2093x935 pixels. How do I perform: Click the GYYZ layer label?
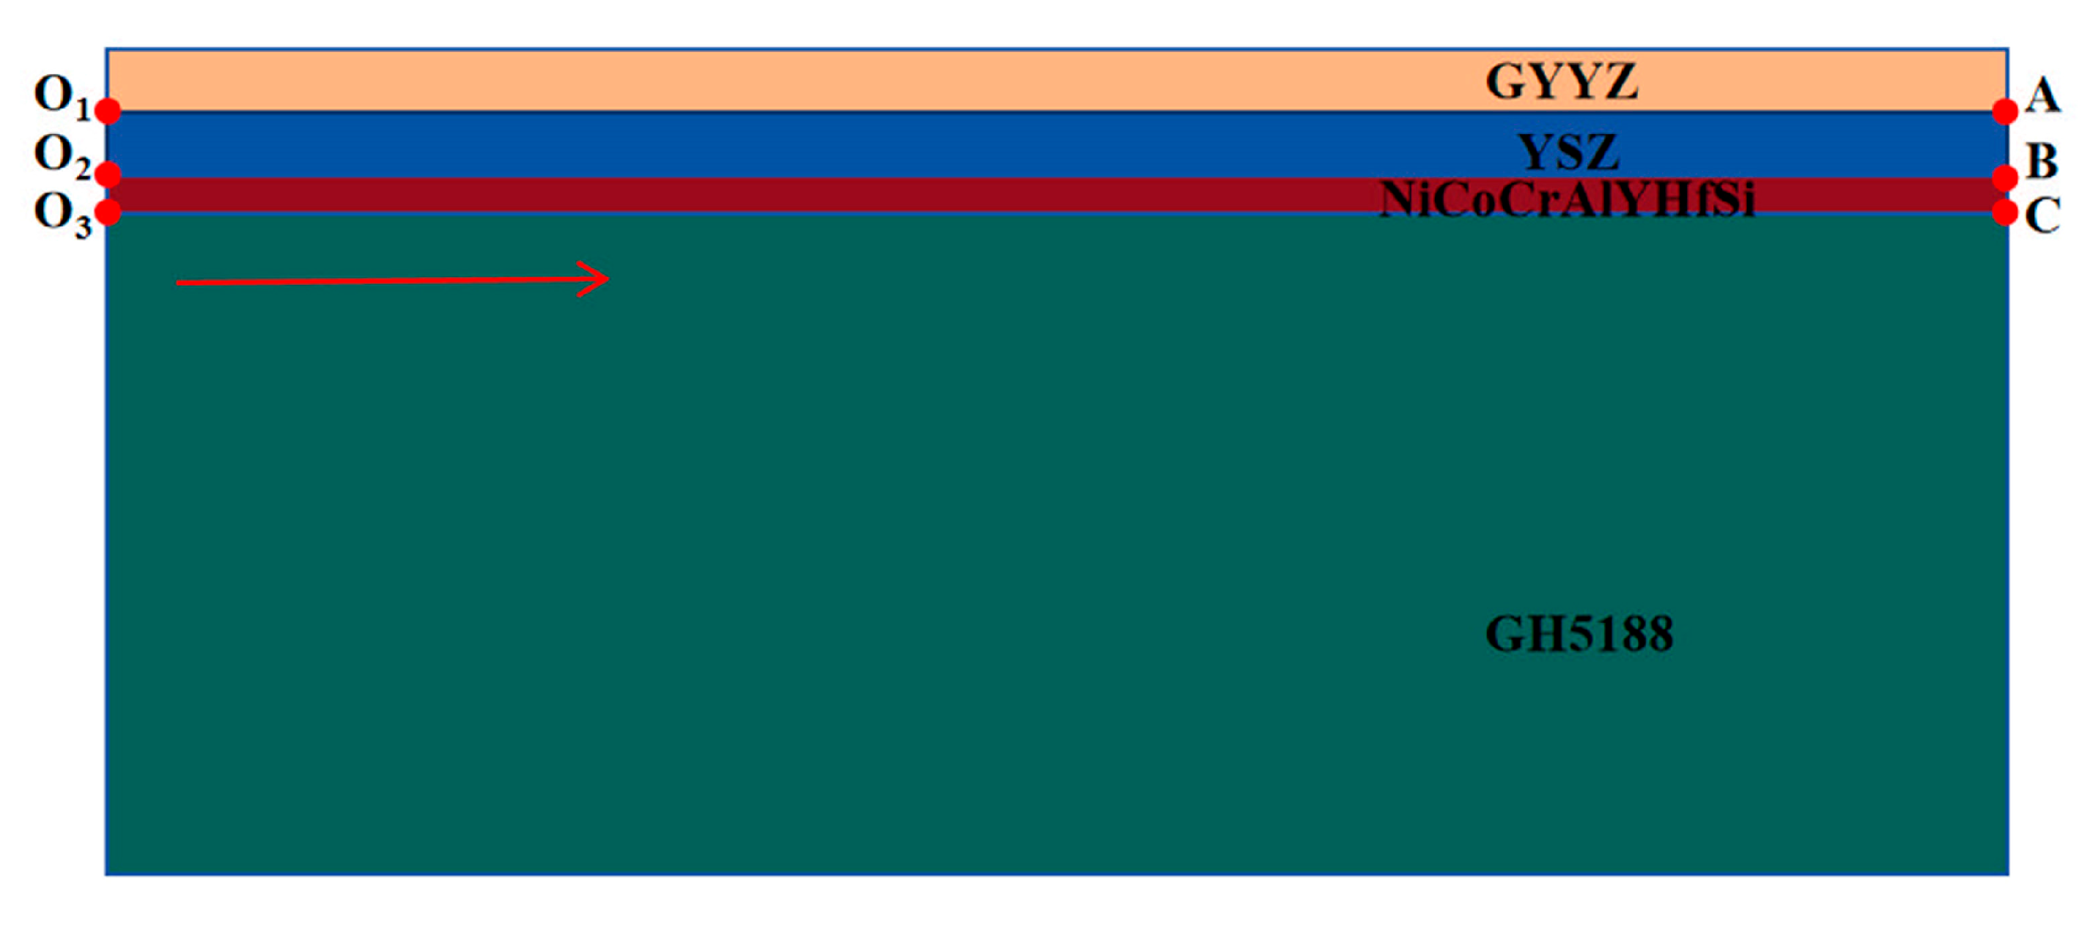pos(1561,81)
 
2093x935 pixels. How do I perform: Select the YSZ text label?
pos(1568,152)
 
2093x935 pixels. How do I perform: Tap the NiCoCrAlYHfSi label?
pos(1568,199)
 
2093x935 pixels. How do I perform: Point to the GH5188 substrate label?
pos(1579,634)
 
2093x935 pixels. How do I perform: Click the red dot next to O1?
pos(108,111)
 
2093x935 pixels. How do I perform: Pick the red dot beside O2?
pos(108,173)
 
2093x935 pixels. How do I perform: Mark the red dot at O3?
pos(108,212)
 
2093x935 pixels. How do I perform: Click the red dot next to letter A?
pos(2004,111)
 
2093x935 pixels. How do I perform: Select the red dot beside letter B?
pos(2004,177)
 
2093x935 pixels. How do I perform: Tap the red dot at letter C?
pos(2004,212)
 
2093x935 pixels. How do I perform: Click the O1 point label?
pos(62,96)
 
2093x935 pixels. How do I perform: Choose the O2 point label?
pos(62,155)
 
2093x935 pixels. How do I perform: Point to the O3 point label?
pos(62,215)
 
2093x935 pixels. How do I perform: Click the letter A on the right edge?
pos(2042,97)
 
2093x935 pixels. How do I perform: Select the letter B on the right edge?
pos(2042,161)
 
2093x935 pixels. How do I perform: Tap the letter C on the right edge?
pos(2042,215)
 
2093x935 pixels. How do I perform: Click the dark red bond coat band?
pos(731,196)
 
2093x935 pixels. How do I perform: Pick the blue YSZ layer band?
pos(731,144)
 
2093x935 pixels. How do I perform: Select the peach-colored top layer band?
pos(731,80)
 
